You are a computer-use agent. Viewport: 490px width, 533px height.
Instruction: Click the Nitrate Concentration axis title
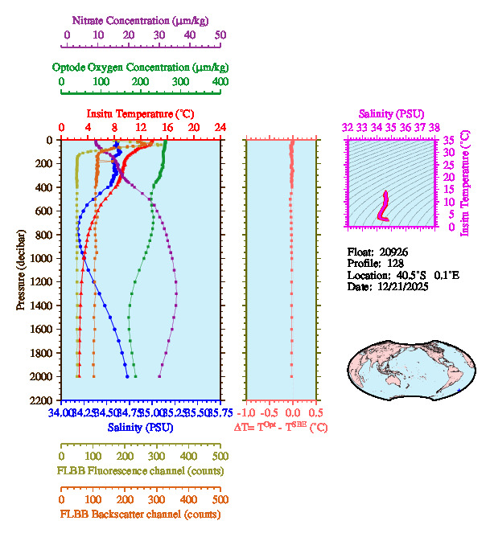coord(143,18)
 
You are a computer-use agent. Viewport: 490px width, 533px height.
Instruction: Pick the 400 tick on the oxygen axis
coord(220,82)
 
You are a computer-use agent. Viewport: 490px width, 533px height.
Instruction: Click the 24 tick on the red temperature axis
coord(220,128)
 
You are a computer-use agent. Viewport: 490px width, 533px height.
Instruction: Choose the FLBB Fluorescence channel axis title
coord(140,470)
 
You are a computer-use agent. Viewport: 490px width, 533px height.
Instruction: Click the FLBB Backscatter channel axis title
coord(140,515)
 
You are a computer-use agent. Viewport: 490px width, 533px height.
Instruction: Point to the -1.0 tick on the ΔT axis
coord(249,411)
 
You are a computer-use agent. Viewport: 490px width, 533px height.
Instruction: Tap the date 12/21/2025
coord(400,286)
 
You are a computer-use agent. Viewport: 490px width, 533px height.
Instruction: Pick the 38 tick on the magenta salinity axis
coord(434,127)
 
